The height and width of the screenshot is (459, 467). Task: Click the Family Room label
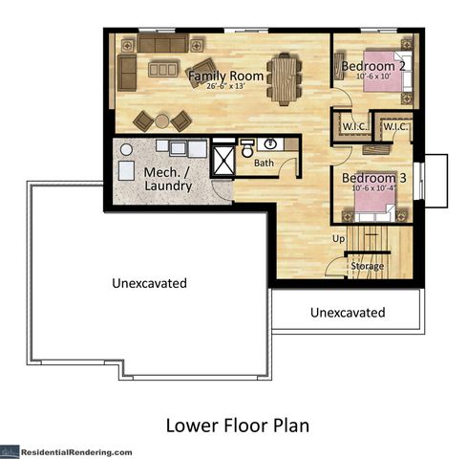[x=225, y=76]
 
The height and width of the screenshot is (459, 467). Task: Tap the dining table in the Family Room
[x=283, y=78]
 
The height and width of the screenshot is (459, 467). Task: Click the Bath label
[x=264, y=164]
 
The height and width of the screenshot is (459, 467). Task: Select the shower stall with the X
[x=223, y=158]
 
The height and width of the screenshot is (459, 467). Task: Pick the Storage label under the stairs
[x=367, y=265]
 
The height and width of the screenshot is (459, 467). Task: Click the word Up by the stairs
[x=338, y=237]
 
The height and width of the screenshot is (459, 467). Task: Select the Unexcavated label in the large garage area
[x=148, y=283]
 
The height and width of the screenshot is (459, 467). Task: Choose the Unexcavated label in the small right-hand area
[x=348, y=313]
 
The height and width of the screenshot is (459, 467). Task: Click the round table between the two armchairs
[x=161, y=120]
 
